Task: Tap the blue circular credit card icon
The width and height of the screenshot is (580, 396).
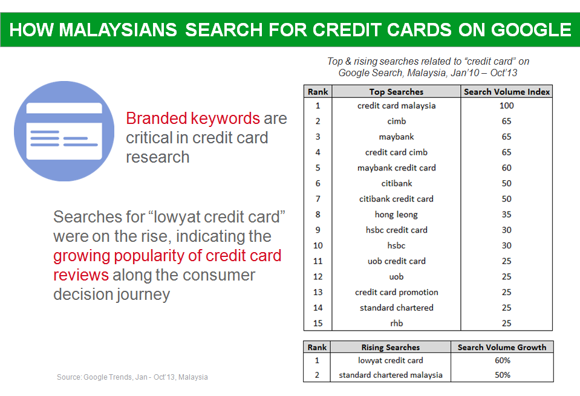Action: (x=64, y=131)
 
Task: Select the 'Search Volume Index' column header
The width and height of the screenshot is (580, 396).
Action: (x=507, y=92)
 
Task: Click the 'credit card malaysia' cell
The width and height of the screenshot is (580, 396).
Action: (x=397, y=106)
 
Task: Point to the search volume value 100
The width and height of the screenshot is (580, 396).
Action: (x=506, y=106)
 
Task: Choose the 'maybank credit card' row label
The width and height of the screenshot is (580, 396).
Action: (x=397, y=168)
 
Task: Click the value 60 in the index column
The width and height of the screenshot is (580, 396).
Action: (x=506, y=168)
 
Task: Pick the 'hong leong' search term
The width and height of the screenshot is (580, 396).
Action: (x=396, y=215)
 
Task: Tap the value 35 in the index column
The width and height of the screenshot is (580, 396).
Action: (x=506, y=215)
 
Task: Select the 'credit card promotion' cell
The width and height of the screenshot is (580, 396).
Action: (x=397, y=293)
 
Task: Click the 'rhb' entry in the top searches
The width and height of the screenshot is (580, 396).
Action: (x=397, y=323)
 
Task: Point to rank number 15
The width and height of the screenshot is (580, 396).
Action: (x=318, y=323)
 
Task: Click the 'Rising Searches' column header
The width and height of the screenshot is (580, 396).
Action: (x=391, y=347)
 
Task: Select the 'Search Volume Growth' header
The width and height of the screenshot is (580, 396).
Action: (x=502, y=347)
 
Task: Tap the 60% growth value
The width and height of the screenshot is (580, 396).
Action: (x=503, y=360)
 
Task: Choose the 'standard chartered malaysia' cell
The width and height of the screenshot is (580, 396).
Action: (x=391, y=375)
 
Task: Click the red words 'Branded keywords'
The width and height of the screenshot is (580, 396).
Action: (x=193, y=119)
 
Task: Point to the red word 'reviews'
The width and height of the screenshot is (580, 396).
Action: (x=81, y=275)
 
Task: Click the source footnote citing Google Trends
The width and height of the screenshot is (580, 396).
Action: (x=132, y=377)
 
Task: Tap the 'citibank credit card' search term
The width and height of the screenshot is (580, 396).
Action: (x=396, y=199)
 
